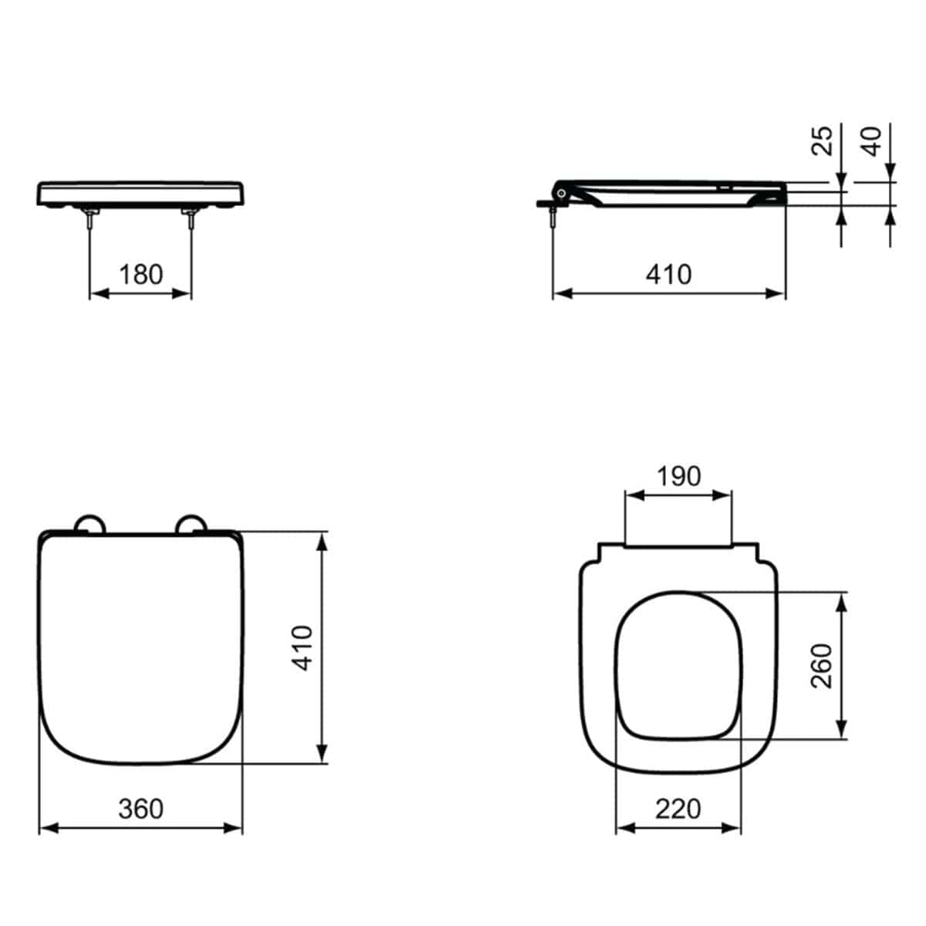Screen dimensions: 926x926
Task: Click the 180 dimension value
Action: point(141,274)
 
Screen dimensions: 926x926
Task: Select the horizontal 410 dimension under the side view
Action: point(668,274)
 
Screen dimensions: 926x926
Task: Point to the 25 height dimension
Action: point(824,140)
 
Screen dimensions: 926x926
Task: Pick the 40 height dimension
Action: point(872,140)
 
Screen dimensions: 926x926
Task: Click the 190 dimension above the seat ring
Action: point(678,476)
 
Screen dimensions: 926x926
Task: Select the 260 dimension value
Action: point(823,666)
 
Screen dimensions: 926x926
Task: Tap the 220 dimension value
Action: point(678,808)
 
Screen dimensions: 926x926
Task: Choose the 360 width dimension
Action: point(141,808)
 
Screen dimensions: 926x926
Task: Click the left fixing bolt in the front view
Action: point(91,218)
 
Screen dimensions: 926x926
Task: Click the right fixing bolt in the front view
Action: point(191,218)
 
